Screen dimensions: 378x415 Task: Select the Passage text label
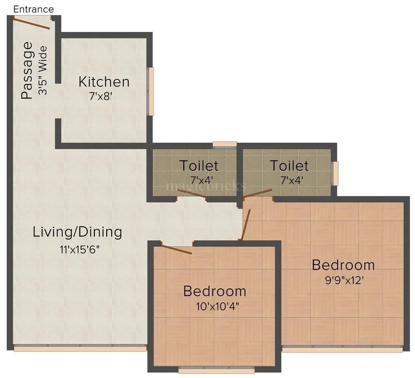point(26,70)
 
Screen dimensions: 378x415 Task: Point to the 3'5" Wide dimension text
point(43,70)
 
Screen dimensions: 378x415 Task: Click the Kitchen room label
point(104,82)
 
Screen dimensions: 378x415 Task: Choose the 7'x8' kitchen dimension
point(101,97)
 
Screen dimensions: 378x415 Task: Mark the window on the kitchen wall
point(151,91)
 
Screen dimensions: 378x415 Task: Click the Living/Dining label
point(77,232)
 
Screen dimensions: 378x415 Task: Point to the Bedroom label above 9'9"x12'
point(343,264)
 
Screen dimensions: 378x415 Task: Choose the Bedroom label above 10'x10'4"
point(214,291)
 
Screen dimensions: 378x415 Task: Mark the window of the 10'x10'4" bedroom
point(216,370)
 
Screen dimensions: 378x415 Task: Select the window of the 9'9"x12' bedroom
point(342,349)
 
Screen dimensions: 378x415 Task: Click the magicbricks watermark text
point(206,186)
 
